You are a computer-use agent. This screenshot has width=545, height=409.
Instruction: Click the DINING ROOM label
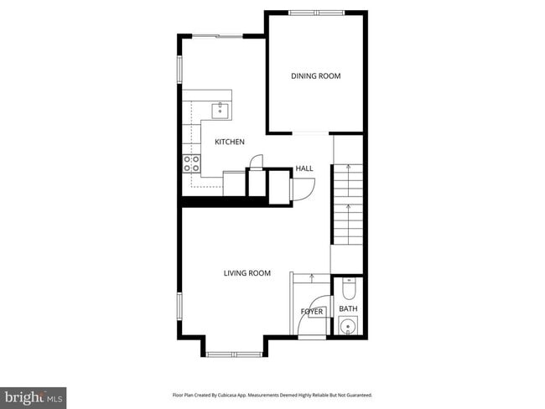[x=316, y=76]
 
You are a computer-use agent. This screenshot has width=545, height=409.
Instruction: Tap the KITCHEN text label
[x=229, y=142]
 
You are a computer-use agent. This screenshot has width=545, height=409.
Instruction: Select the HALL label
[x=304, y=168]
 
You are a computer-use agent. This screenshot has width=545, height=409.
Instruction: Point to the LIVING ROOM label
[x=247, y=272]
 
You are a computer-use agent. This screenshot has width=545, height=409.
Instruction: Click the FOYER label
[x=312, y=312]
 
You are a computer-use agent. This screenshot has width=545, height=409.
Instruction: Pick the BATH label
[x=348, y=309]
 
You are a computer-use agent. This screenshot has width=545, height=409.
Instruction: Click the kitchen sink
[x=221, y=110]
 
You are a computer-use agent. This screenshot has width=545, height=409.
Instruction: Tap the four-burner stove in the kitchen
[x=191, y=163]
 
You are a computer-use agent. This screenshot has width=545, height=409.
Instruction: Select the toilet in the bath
[x=349, y=290]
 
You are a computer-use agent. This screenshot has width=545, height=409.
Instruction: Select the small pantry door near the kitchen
[x=258, y=161]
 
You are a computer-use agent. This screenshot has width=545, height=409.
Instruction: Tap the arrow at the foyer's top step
[x=311, y=277]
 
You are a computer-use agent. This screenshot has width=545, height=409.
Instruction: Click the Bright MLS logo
[x=34, y=396]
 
